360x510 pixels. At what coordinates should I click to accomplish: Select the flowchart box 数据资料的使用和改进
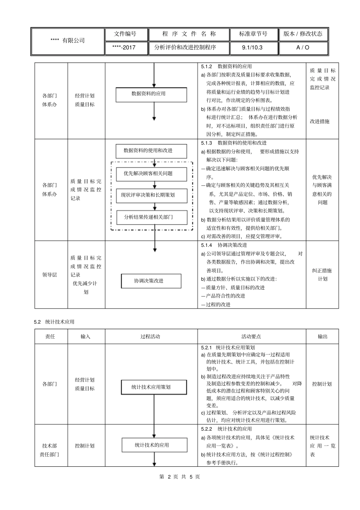[x=151, y=151]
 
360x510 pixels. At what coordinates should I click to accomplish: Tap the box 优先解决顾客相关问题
[x=151, y=174]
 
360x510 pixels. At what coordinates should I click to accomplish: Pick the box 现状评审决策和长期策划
[x=151, y=196]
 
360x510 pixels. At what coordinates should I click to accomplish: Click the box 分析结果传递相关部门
[x=151, y=218]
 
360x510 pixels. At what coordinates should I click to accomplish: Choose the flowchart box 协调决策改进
[x=151, y=281]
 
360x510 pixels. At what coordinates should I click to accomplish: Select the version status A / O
[x=303, y=48]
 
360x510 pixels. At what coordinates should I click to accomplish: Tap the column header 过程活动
[x=151, y=336]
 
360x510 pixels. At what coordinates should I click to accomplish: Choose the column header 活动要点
[x=251, y=336]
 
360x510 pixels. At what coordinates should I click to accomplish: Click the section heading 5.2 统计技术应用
[x=54, y=322]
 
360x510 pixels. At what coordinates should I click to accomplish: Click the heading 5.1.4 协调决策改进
[x=224, y=245]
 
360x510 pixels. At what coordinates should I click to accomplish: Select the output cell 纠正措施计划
[x=322, y=275]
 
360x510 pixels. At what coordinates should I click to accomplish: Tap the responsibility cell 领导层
[x=50, y=275]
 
